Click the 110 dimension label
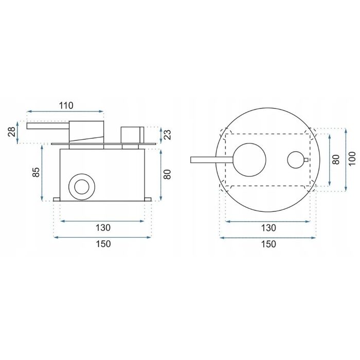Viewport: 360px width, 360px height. click(x=66, y=105)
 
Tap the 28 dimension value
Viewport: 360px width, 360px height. click(x=12, y=132)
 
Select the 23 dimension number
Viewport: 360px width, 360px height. click(x=168, y=135)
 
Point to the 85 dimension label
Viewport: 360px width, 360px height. click(x=36, y=172)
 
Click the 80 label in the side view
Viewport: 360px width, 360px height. click(x=168, y=174)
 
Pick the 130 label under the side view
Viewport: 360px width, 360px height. click(x=103, y=228)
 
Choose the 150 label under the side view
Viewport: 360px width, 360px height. click(x=103, y=244)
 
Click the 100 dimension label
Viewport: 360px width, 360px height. click(x=352, y=158)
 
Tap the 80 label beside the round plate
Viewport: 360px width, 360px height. click(x=336, y=159)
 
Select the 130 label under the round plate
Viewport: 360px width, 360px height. click(x=268, y=228)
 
